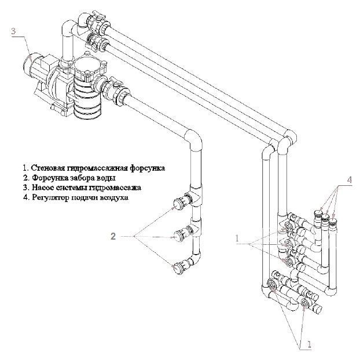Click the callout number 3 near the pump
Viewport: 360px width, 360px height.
[13, 31]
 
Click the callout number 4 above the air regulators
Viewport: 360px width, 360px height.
[349, 180]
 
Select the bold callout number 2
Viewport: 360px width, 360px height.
[113, 236]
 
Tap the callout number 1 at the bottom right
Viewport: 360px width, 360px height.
[309, 344]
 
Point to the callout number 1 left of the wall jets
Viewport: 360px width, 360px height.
[237, 238]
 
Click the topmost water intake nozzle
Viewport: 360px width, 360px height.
[177, 204]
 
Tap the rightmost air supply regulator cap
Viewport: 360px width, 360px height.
[333, 222]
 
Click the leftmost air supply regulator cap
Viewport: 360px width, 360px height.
[318, 213]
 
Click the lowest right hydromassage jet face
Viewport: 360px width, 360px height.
[305, 303]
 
